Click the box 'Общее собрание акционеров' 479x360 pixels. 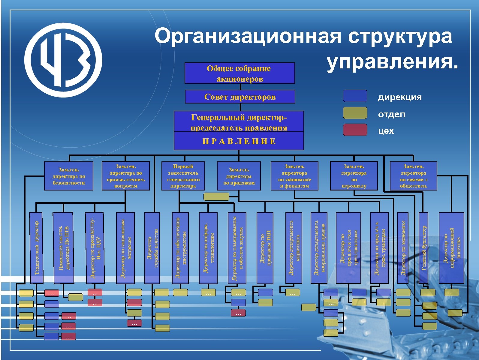239,73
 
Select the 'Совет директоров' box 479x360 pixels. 240,97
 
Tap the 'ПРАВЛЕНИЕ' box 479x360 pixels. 239,141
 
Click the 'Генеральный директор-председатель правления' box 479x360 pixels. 239,122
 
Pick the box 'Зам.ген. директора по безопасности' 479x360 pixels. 69,176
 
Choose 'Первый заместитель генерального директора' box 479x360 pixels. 183,176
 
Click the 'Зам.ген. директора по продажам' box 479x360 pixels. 239,176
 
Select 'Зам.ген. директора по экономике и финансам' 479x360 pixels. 294,176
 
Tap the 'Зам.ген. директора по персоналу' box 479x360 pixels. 354,176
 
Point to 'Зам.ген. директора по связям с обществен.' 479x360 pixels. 413,176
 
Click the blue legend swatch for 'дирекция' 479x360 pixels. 355,96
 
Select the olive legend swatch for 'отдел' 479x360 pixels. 355,113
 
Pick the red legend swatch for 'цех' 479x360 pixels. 355,130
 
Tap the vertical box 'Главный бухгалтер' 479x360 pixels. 423,248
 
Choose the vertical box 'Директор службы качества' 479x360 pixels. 152,248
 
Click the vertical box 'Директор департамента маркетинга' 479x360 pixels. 294,248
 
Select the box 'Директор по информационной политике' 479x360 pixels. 451,248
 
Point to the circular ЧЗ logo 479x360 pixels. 63,60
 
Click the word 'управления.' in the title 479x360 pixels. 393,62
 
